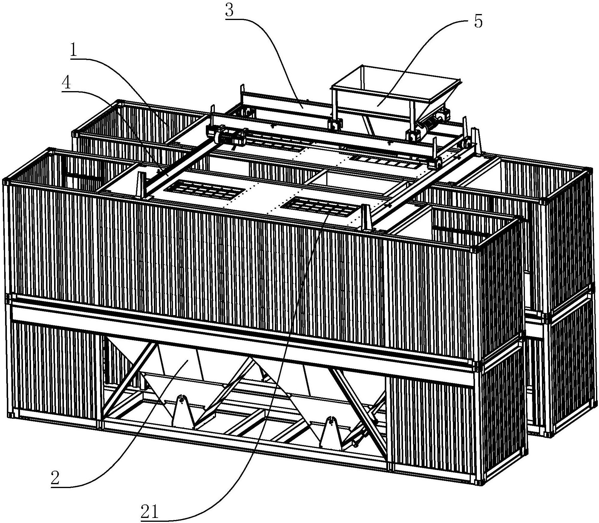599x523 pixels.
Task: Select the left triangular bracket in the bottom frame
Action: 183,411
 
